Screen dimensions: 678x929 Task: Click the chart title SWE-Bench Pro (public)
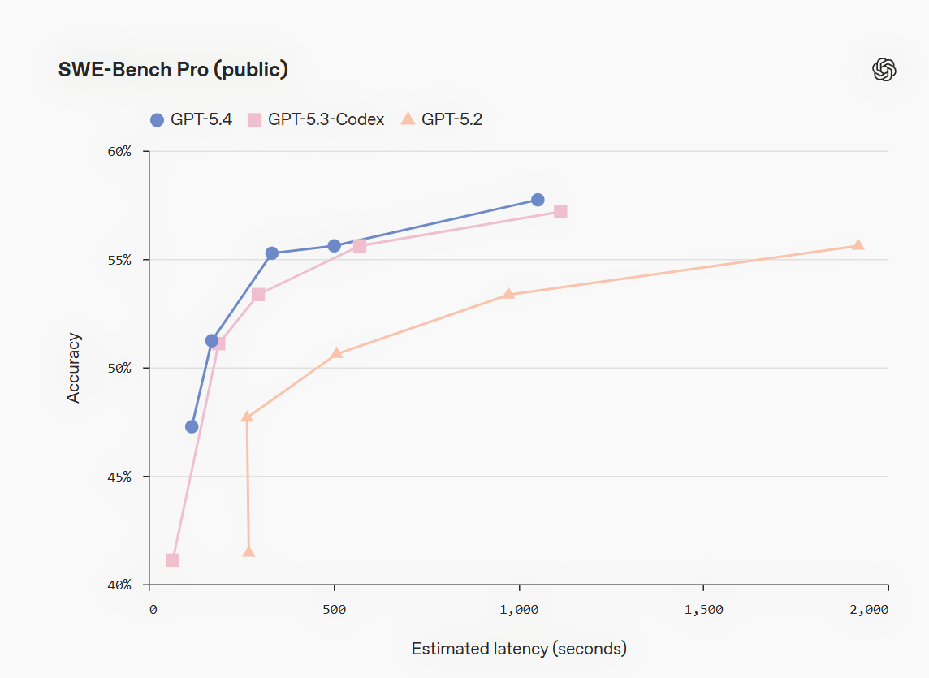tap(173, 70)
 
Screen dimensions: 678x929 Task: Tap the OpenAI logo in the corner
tap(884, 70)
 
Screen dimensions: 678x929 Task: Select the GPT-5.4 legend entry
tap(192, 119)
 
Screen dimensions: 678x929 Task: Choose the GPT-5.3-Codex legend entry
tap(317, 119)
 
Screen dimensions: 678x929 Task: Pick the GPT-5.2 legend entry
tap(442, 119)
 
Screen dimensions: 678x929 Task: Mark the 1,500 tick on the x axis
tap(703, 610)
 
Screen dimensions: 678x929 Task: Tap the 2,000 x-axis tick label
tap(870, 610)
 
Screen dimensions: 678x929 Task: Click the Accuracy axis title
tap(74, 367)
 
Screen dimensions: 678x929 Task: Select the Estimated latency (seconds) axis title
tap(519, 649)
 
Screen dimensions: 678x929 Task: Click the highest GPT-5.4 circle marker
tap(538, 200)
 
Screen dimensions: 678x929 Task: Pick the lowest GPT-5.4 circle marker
tap(192, 426)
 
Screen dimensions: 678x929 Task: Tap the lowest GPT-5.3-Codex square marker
tap(172, 560)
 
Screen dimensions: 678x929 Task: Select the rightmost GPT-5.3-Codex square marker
tap(560, 212)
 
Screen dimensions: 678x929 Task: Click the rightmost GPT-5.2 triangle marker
tap(858, 245)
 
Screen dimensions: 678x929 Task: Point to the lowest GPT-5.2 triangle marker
tap(248, 552)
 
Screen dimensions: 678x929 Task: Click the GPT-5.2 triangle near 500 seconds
tap(337, 353)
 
